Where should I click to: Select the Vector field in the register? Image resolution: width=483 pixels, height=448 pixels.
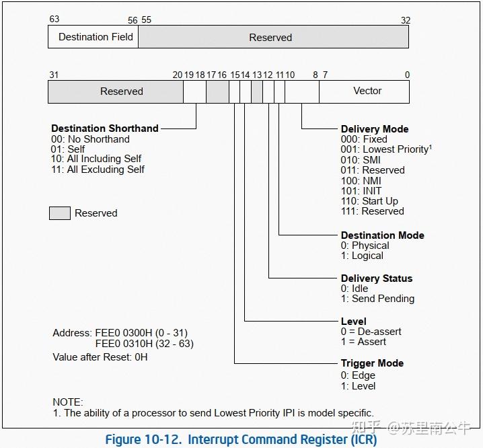367,91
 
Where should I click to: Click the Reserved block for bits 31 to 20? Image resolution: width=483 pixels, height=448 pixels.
121,91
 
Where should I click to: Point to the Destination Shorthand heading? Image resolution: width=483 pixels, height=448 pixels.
105,128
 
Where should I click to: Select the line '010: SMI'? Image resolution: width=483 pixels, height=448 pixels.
361,160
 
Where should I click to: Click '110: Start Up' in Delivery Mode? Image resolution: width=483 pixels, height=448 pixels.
369,200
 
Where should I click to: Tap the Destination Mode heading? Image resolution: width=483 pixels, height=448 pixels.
382,235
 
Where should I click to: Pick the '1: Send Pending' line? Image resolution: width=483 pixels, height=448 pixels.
377,299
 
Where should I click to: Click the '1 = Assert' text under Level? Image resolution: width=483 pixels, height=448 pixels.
363,342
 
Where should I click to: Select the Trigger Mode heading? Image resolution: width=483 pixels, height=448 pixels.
372,363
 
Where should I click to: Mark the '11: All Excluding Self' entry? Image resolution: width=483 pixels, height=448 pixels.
98,170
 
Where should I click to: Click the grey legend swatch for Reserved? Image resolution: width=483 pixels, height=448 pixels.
60,213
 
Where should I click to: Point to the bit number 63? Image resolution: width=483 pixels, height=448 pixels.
54,20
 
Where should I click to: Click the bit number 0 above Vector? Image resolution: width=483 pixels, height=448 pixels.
406,75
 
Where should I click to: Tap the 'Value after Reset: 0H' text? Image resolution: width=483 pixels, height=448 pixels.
100,357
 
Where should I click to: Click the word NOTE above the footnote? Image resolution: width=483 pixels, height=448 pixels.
67,402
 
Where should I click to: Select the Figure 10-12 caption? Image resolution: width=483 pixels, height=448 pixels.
241,440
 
